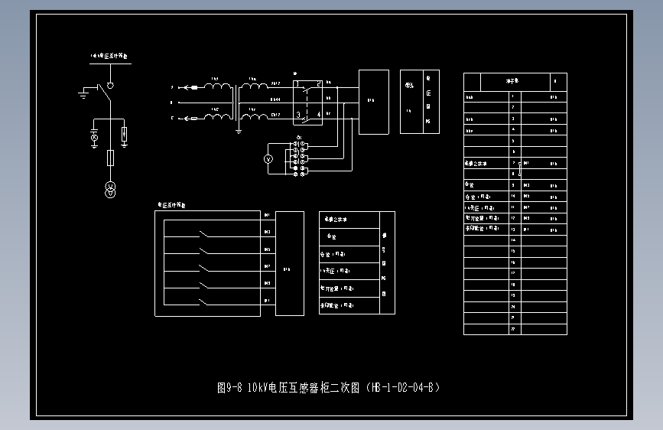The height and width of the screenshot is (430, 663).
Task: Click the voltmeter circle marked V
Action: click(268, 159)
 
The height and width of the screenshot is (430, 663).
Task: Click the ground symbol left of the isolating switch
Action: click(83, 94)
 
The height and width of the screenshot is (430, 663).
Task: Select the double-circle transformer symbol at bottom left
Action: click(110, 189)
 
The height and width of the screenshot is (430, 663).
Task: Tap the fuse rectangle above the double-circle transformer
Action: click(110, 158)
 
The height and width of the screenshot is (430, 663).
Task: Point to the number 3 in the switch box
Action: click(298, 115)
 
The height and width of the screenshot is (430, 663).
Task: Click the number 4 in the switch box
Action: click(318, 115)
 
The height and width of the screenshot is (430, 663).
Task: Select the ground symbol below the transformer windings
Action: click(239, 130)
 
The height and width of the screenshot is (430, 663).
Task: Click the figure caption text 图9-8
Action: click(229, 387)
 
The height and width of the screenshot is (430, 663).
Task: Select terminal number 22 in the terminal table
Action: click(513, 328)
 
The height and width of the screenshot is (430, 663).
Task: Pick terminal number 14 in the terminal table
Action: click(513, 240)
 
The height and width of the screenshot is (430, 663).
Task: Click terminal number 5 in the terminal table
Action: click(513, 142)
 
